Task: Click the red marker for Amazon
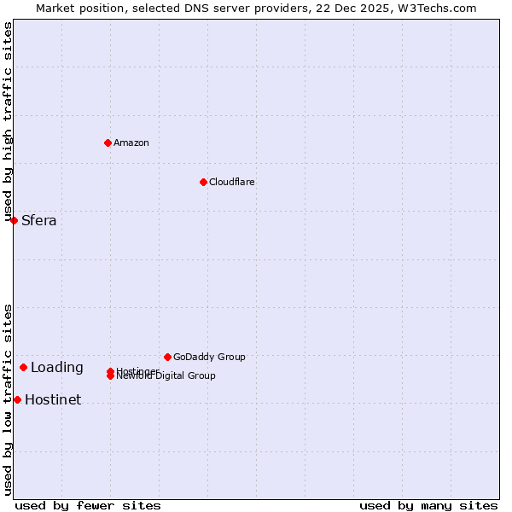click(x=108, y=143)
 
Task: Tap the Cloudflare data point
click(x=203, y=182)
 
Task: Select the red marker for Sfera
click(x=14, y=220)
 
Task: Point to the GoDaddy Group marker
click(x=167, y=357)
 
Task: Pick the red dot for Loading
click(x=23, y=367)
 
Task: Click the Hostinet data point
click(x=17, y=399)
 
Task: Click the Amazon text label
click(x=131, y=143)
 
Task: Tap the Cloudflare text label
click(x=231, y=182)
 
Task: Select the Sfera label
click(x=39, y=220)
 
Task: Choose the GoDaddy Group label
click(x=209, y=357)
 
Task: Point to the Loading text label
click(x=57, y=368)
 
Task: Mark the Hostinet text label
click(x=53, y=399)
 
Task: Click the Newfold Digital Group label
click(x=166, y=376)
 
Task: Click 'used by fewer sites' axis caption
click(x=88, y=505)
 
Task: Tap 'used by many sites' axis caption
click(x=428, y=505)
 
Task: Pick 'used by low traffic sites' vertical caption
click(x=9, y=399)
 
